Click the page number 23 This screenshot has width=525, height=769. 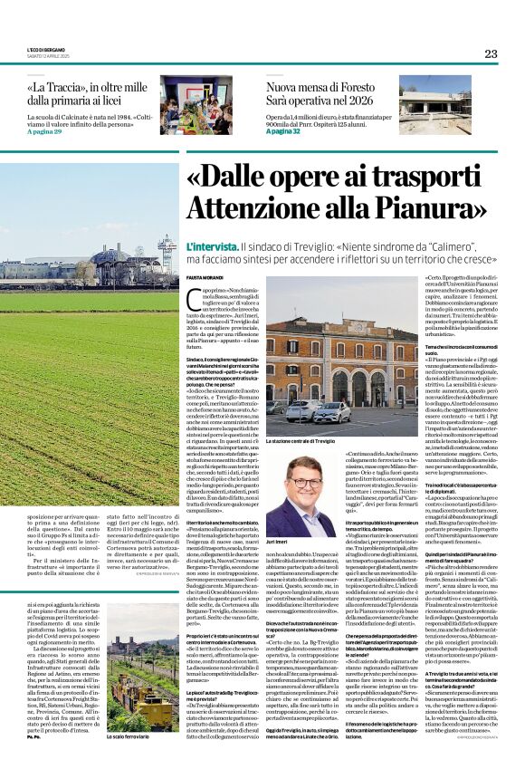tap(490, 53)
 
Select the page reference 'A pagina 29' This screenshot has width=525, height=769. tap(45, 132)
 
